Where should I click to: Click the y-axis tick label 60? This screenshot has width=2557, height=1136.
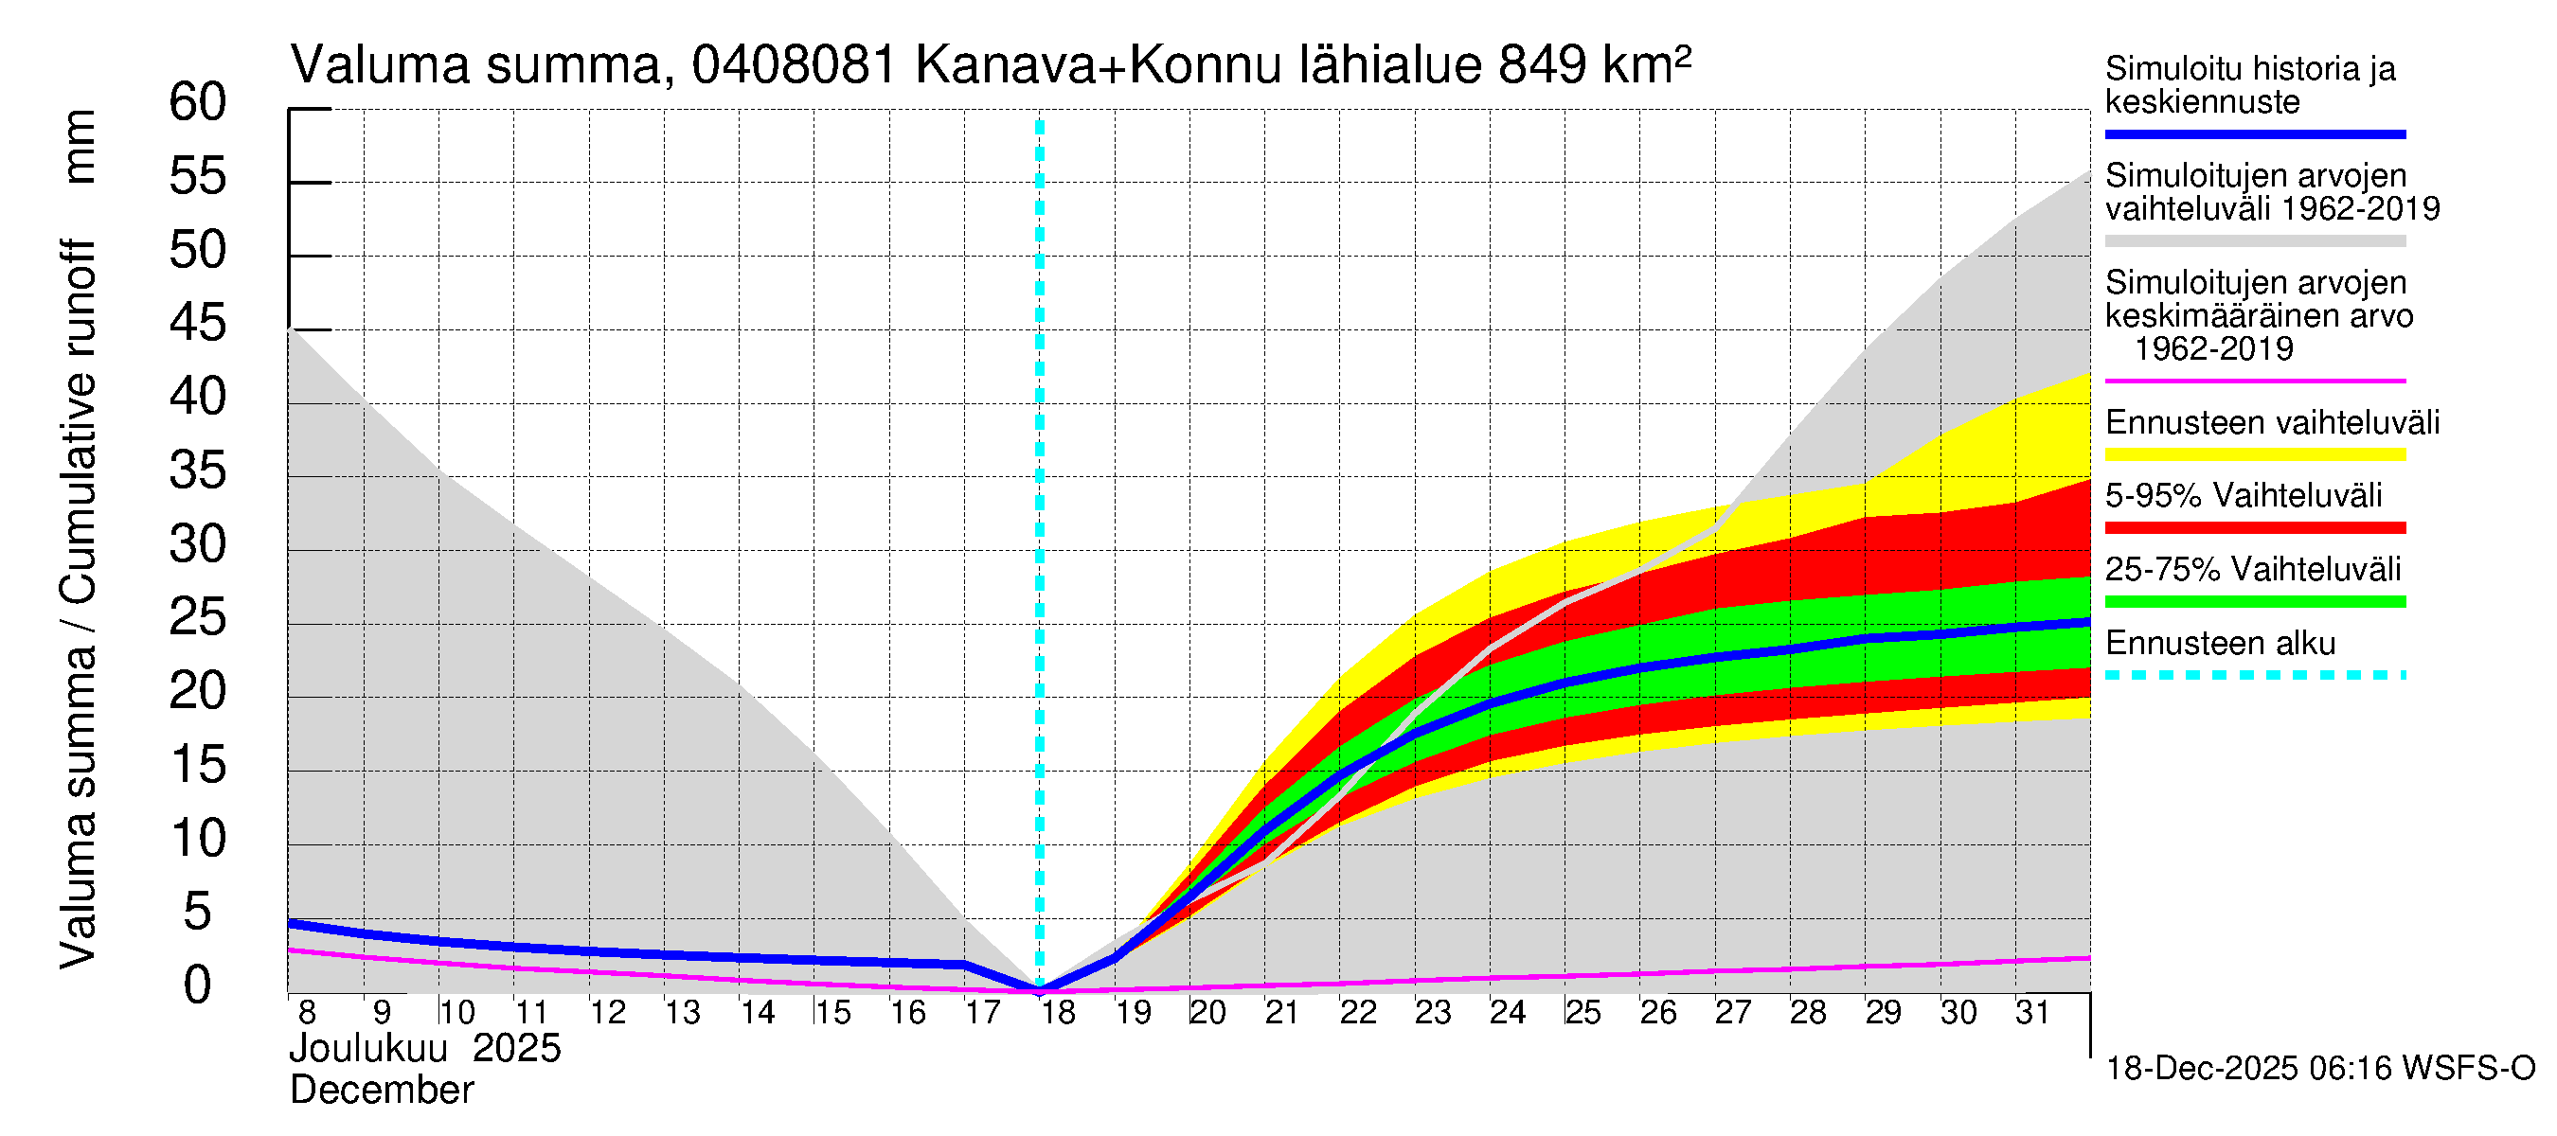point(198,102)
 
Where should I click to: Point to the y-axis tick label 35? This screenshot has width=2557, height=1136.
point(198,471)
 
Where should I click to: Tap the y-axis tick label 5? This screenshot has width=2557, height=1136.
point(198,912)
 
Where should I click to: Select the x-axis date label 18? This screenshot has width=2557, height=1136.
point(1058,1013)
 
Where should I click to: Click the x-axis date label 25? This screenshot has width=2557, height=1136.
point(1583,1013)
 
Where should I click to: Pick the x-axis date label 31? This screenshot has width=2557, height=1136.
point(2033,1013)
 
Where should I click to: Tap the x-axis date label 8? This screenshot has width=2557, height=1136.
point(307,1013)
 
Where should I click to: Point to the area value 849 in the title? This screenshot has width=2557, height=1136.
point(1543,66)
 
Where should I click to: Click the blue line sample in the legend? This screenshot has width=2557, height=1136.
point(2254,133)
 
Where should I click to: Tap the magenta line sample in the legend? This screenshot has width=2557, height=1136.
point(2254,381)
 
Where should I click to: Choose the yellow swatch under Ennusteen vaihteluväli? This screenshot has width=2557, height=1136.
point(2254,455)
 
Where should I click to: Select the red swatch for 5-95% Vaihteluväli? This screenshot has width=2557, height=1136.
point(2254,528)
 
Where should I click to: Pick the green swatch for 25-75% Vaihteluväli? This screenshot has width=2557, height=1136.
point(2254,601)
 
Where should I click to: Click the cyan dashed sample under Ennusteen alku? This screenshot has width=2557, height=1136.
point(2254,676)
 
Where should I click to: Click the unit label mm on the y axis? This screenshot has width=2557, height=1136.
point(80,147)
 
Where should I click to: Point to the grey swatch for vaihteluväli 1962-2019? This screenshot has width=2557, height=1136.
point(2254,241)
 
